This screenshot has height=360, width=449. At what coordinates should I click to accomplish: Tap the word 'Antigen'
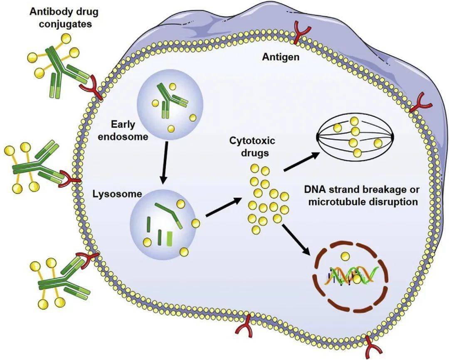point(280,57)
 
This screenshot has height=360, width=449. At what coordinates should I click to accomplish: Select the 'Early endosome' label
point(129,130)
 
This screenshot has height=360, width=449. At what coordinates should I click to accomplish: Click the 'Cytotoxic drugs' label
point(249,147)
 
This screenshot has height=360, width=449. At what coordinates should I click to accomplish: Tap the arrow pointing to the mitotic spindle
point(302,162)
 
